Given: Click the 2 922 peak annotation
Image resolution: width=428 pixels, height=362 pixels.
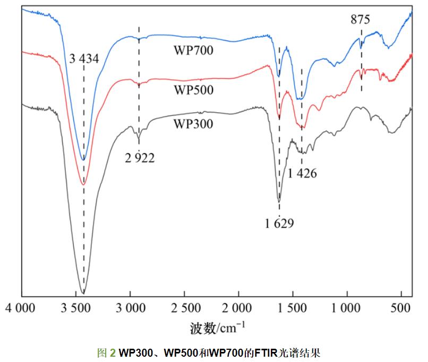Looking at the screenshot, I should click(140, 157).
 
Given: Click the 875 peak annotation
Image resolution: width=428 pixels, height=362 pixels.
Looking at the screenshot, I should click(360, 20).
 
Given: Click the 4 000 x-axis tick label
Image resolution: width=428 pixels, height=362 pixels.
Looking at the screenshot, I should click(22, 308).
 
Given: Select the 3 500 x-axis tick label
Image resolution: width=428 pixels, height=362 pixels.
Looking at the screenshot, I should click(76, 308).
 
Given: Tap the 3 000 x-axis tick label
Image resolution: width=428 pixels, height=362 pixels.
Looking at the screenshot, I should click(130, 308).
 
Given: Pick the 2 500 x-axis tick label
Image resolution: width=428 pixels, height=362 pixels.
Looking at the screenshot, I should click(184, 308).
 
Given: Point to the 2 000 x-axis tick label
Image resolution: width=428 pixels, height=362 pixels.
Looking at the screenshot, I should click(238, 308).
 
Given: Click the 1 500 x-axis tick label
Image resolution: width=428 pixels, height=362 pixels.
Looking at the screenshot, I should click(293, 308).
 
